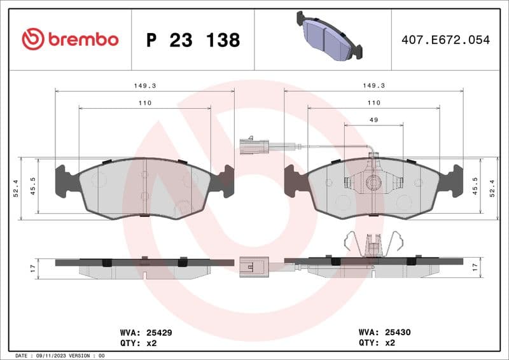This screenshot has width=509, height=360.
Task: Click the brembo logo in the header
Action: (x=70, y=39)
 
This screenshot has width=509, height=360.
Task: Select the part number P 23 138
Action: (x=193, y=40)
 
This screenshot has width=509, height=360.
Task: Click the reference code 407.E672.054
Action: (x=445, y=40)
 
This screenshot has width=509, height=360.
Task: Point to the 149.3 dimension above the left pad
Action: (x=144, y=85)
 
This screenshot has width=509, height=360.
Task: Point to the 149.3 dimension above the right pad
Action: (x=373, y=85)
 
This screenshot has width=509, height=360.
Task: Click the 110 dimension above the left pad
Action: (x=144, y=102)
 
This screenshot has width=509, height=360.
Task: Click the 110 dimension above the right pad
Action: (x=373, y=102)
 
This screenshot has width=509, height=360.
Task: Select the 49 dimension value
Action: (x=373, y=120)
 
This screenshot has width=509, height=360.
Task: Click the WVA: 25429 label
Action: (x=146, y=332)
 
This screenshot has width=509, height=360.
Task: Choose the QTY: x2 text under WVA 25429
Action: (x=138, y=343)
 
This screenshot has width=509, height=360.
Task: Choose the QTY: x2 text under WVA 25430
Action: (x=377, y=343)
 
